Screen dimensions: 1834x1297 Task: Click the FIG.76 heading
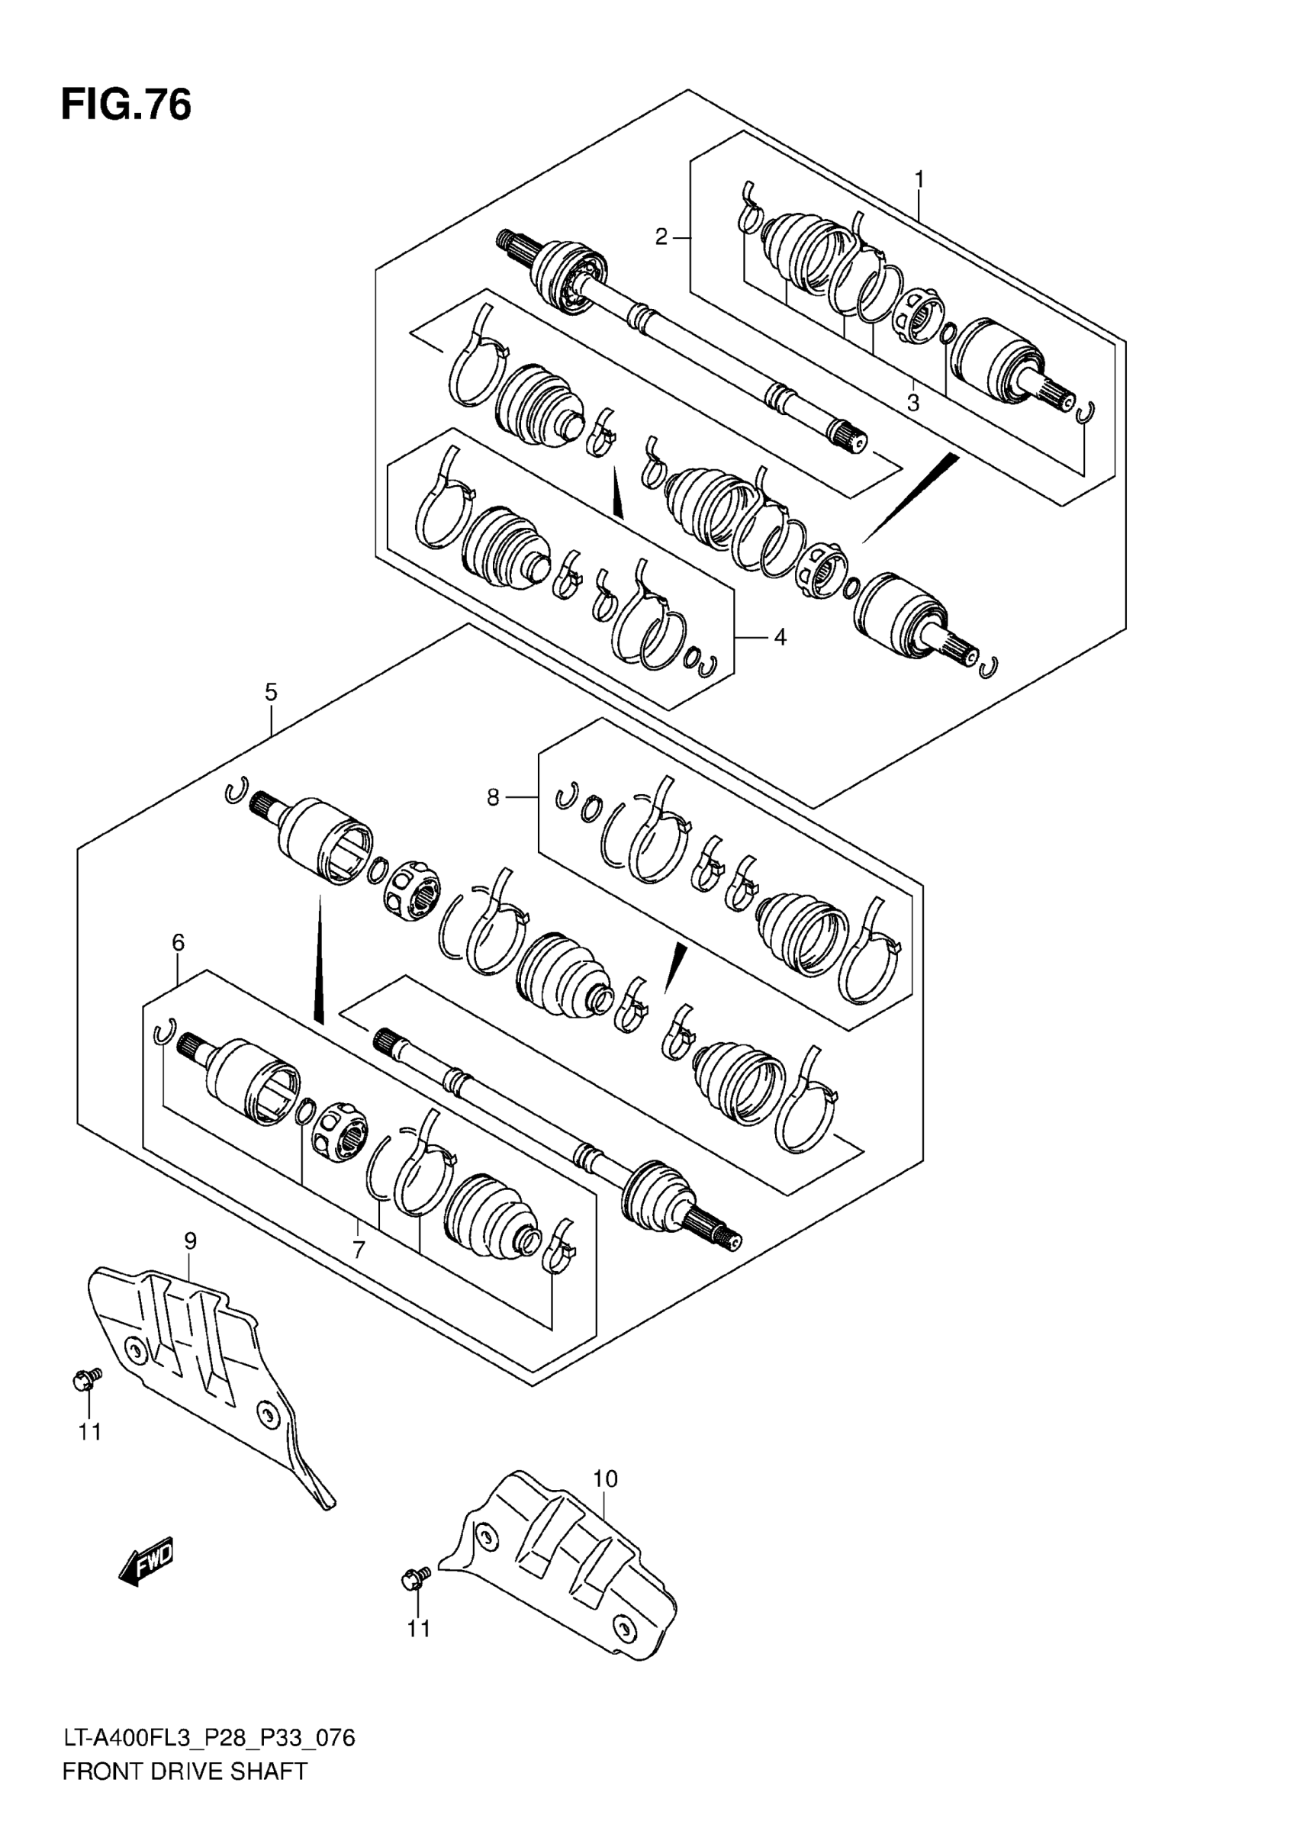(126, 105)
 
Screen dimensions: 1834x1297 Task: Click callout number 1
(919, 179)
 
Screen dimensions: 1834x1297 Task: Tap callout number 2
(661, 237)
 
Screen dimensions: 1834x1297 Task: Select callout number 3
(912, 404)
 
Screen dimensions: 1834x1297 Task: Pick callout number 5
(271, 692)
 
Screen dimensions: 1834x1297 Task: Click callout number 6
(178, 943)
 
